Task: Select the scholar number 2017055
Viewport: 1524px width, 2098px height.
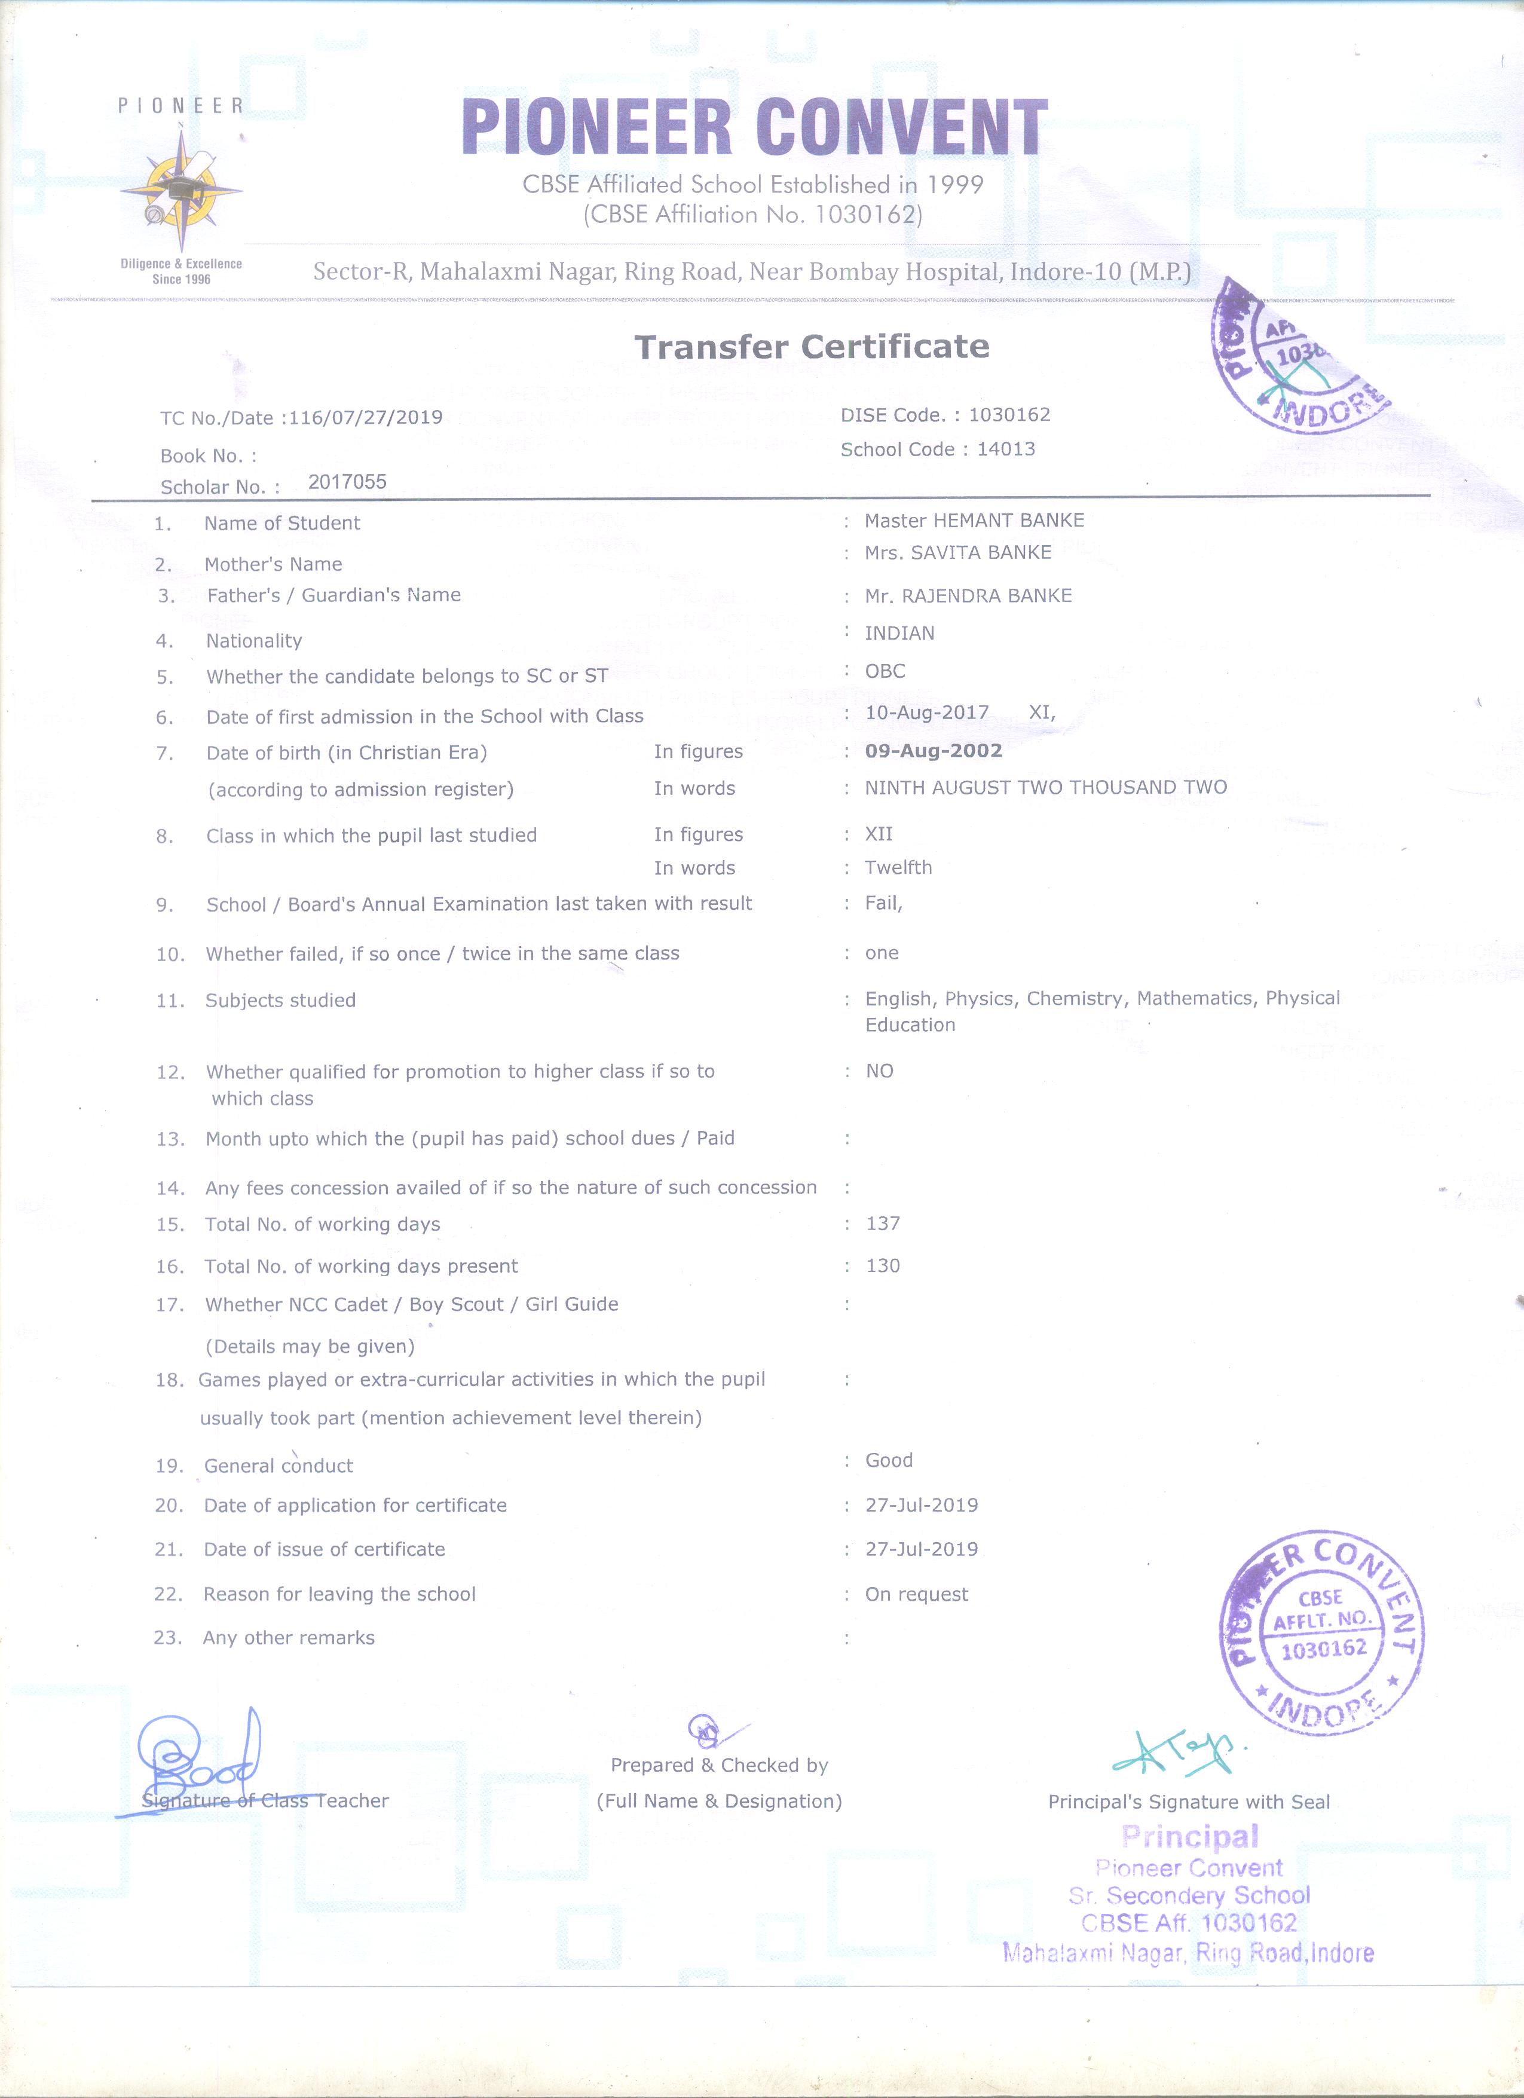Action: coord(347,481)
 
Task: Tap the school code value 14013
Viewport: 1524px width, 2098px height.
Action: coord(1005,449)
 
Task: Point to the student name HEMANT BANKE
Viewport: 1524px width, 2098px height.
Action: coord(974,521)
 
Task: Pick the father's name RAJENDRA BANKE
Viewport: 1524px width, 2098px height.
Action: coord(968,596)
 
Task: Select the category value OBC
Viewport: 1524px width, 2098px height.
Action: coord(885,671)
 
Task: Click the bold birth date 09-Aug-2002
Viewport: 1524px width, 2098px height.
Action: coord(933,750)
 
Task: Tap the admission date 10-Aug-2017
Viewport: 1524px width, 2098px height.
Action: coord(926,712)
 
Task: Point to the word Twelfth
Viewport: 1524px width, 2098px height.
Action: coord(898,868)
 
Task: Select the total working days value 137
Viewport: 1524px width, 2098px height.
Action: coord(882,1224)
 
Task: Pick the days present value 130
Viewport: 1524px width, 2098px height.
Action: coord(882,1265)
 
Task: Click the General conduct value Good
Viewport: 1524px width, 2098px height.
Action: coord(889,1460)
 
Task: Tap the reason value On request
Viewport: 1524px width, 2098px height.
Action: coord(916,1594)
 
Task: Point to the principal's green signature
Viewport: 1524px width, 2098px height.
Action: coord(1174,1755)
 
